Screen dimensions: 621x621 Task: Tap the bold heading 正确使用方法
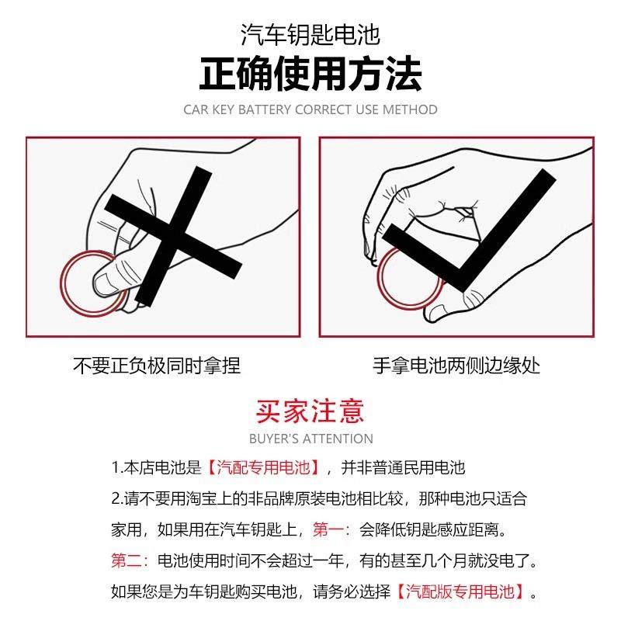tap(310, 75)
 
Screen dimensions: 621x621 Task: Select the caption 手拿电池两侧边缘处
tap(456, 365)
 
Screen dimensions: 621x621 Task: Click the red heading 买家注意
tap(310, 410)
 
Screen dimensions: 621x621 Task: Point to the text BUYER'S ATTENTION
tap(310, 439)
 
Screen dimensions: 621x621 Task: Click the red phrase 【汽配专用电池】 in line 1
tap(264, 468)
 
